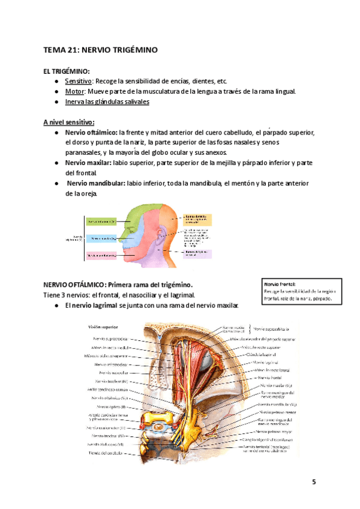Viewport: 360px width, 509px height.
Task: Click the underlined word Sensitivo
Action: coord(78,81)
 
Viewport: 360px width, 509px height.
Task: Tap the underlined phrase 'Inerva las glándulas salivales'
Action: coord(107,101)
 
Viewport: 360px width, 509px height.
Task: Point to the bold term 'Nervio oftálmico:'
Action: coord(91,132)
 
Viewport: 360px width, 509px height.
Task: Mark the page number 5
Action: coord(314,482)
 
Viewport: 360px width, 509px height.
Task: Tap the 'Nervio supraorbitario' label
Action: coord(275,329)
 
